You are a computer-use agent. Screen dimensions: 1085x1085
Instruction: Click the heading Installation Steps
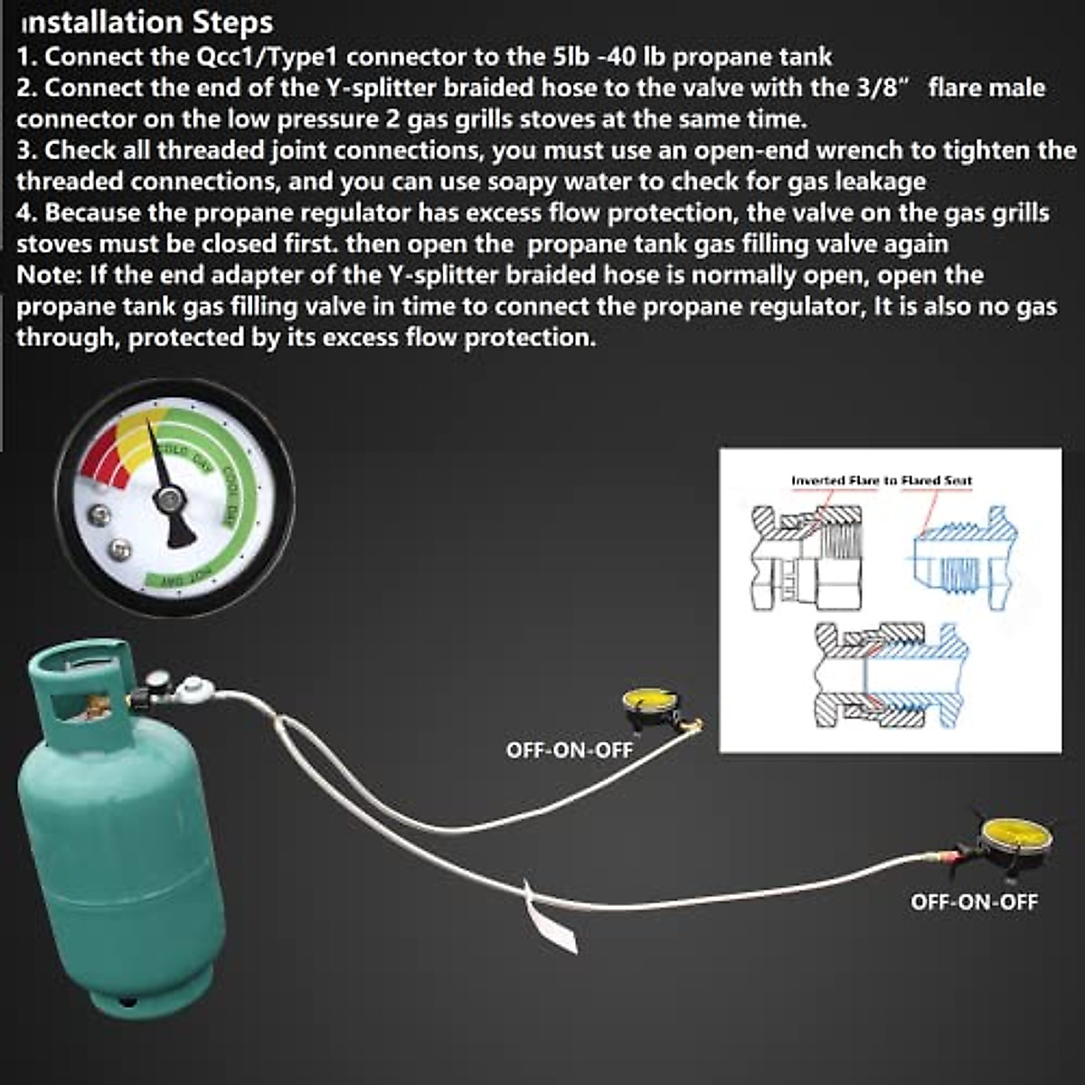[x=145, y=22]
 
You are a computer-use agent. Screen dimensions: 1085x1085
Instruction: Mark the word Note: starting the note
[x=49, y=275]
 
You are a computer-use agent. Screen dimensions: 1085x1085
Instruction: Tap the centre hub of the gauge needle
[x=168, y=498]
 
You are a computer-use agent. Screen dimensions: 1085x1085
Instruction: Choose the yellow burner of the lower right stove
[x=1014, y=832]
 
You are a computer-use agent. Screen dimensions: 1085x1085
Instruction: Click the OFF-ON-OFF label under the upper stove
[x=570, y=750]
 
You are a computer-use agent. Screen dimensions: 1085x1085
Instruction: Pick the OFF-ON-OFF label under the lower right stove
[x=974, y=901]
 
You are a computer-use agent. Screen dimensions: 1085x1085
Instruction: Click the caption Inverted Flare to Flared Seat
[x=882, y=480]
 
